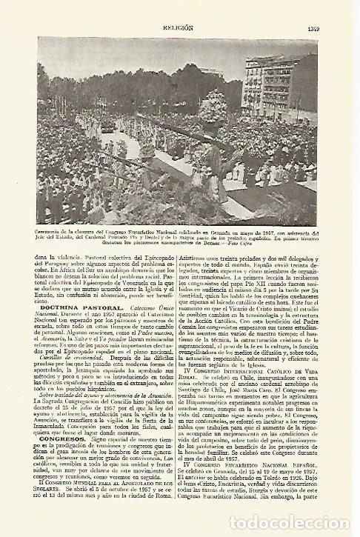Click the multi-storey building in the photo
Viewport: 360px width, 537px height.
291,81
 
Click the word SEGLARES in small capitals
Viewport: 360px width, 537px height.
58,507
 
